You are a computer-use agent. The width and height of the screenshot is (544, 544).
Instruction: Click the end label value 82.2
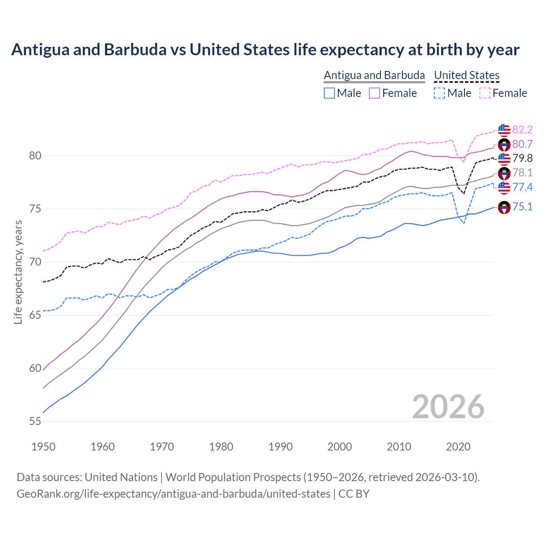522,130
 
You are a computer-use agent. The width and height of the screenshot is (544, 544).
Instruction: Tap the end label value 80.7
522,144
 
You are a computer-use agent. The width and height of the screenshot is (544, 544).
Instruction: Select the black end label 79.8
522,159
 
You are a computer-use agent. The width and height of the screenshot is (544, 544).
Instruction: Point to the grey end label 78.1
522,173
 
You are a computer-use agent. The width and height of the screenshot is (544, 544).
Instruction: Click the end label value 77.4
522,187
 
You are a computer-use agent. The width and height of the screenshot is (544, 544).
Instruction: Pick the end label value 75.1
522,207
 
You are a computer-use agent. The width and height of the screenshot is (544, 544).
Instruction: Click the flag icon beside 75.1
504,207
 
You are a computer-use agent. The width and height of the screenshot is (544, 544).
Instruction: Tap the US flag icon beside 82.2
504,130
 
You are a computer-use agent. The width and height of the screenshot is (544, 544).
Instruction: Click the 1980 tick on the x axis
221,447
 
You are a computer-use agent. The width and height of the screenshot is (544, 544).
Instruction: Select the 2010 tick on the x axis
399,447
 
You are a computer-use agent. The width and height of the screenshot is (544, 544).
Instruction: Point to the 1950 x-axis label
43,447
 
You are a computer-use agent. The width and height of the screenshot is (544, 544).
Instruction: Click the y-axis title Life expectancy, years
18,272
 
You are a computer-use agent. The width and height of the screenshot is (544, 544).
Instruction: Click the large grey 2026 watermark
448,407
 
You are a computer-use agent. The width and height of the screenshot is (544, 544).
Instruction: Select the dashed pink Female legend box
484,93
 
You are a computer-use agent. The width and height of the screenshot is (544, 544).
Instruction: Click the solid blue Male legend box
329,93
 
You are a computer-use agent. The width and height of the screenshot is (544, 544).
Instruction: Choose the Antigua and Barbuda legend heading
374,75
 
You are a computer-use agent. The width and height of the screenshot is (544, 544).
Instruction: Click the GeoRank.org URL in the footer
173,494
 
